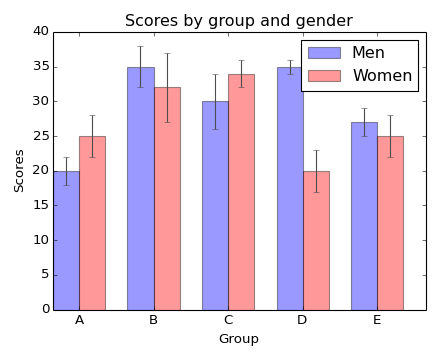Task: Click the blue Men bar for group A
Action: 66,240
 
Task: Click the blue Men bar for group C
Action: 215,205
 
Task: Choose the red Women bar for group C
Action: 241,191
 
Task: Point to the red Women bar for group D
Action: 316,240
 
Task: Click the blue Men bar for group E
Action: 364,215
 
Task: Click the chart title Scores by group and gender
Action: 238,21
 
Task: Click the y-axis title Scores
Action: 20,170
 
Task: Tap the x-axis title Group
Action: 238,339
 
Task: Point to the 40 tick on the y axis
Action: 41,32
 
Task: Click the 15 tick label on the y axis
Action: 41,205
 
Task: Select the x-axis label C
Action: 228,320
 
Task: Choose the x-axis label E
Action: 377,320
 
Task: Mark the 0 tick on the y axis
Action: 45,309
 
